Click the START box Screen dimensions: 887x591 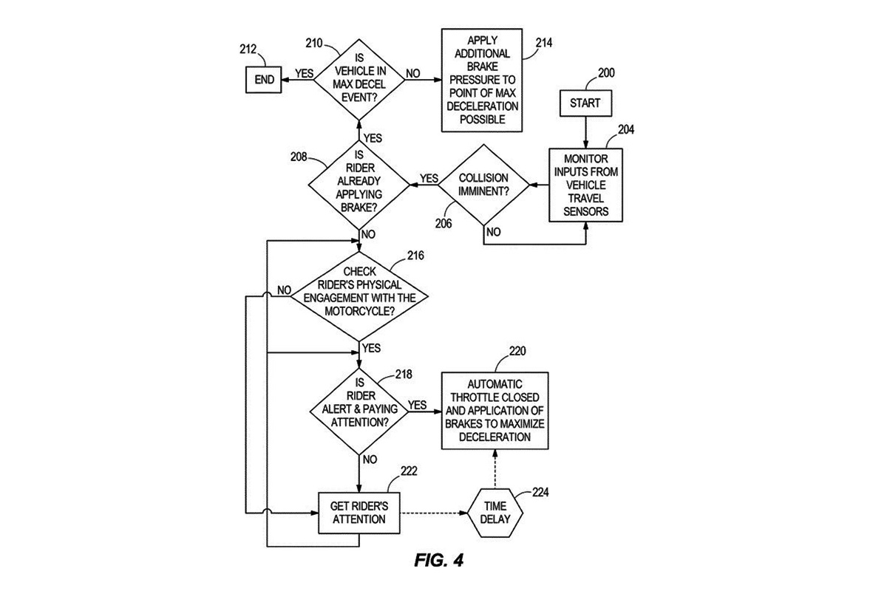(585, 103)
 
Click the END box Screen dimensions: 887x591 (264, 80)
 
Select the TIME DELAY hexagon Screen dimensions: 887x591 (495, 513)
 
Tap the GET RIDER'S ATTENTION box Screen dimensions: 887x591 (359, 513)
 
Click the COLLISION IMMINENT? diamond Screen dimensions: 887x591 (483, 185)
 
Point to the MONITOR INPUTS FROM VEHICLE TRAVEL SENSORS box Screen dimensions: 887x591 (585, 185)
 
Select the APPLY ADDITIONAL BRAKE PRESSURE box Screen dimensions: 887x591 (482, 80)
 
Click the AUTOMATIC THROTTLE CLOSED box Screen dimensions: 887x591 (495, 411)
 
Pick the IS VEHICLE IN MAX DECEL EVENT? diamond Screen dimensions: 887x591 (359, 80)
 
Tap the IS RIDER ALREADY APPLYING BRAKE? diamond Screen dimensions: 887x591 (358, 185)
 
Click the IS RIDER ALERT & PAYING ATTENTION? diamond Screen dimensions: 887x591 (359, 411)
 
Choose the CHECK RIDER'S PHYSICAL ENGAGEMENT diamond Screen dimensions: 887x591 (359, 296)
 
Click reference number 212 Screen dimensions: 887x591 (248, 49)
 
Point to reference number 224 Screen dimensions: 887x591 (540, 492)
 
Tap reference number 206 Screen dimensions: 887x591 (443, 224)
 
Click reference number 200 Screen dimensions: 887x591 (606, 73)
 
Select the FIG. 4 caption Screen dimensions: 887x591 (439, 560)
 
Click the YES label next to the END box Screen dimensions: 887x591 (304, 74)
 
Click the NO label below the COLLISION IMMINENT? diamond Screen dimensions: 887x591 (494, 232)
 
